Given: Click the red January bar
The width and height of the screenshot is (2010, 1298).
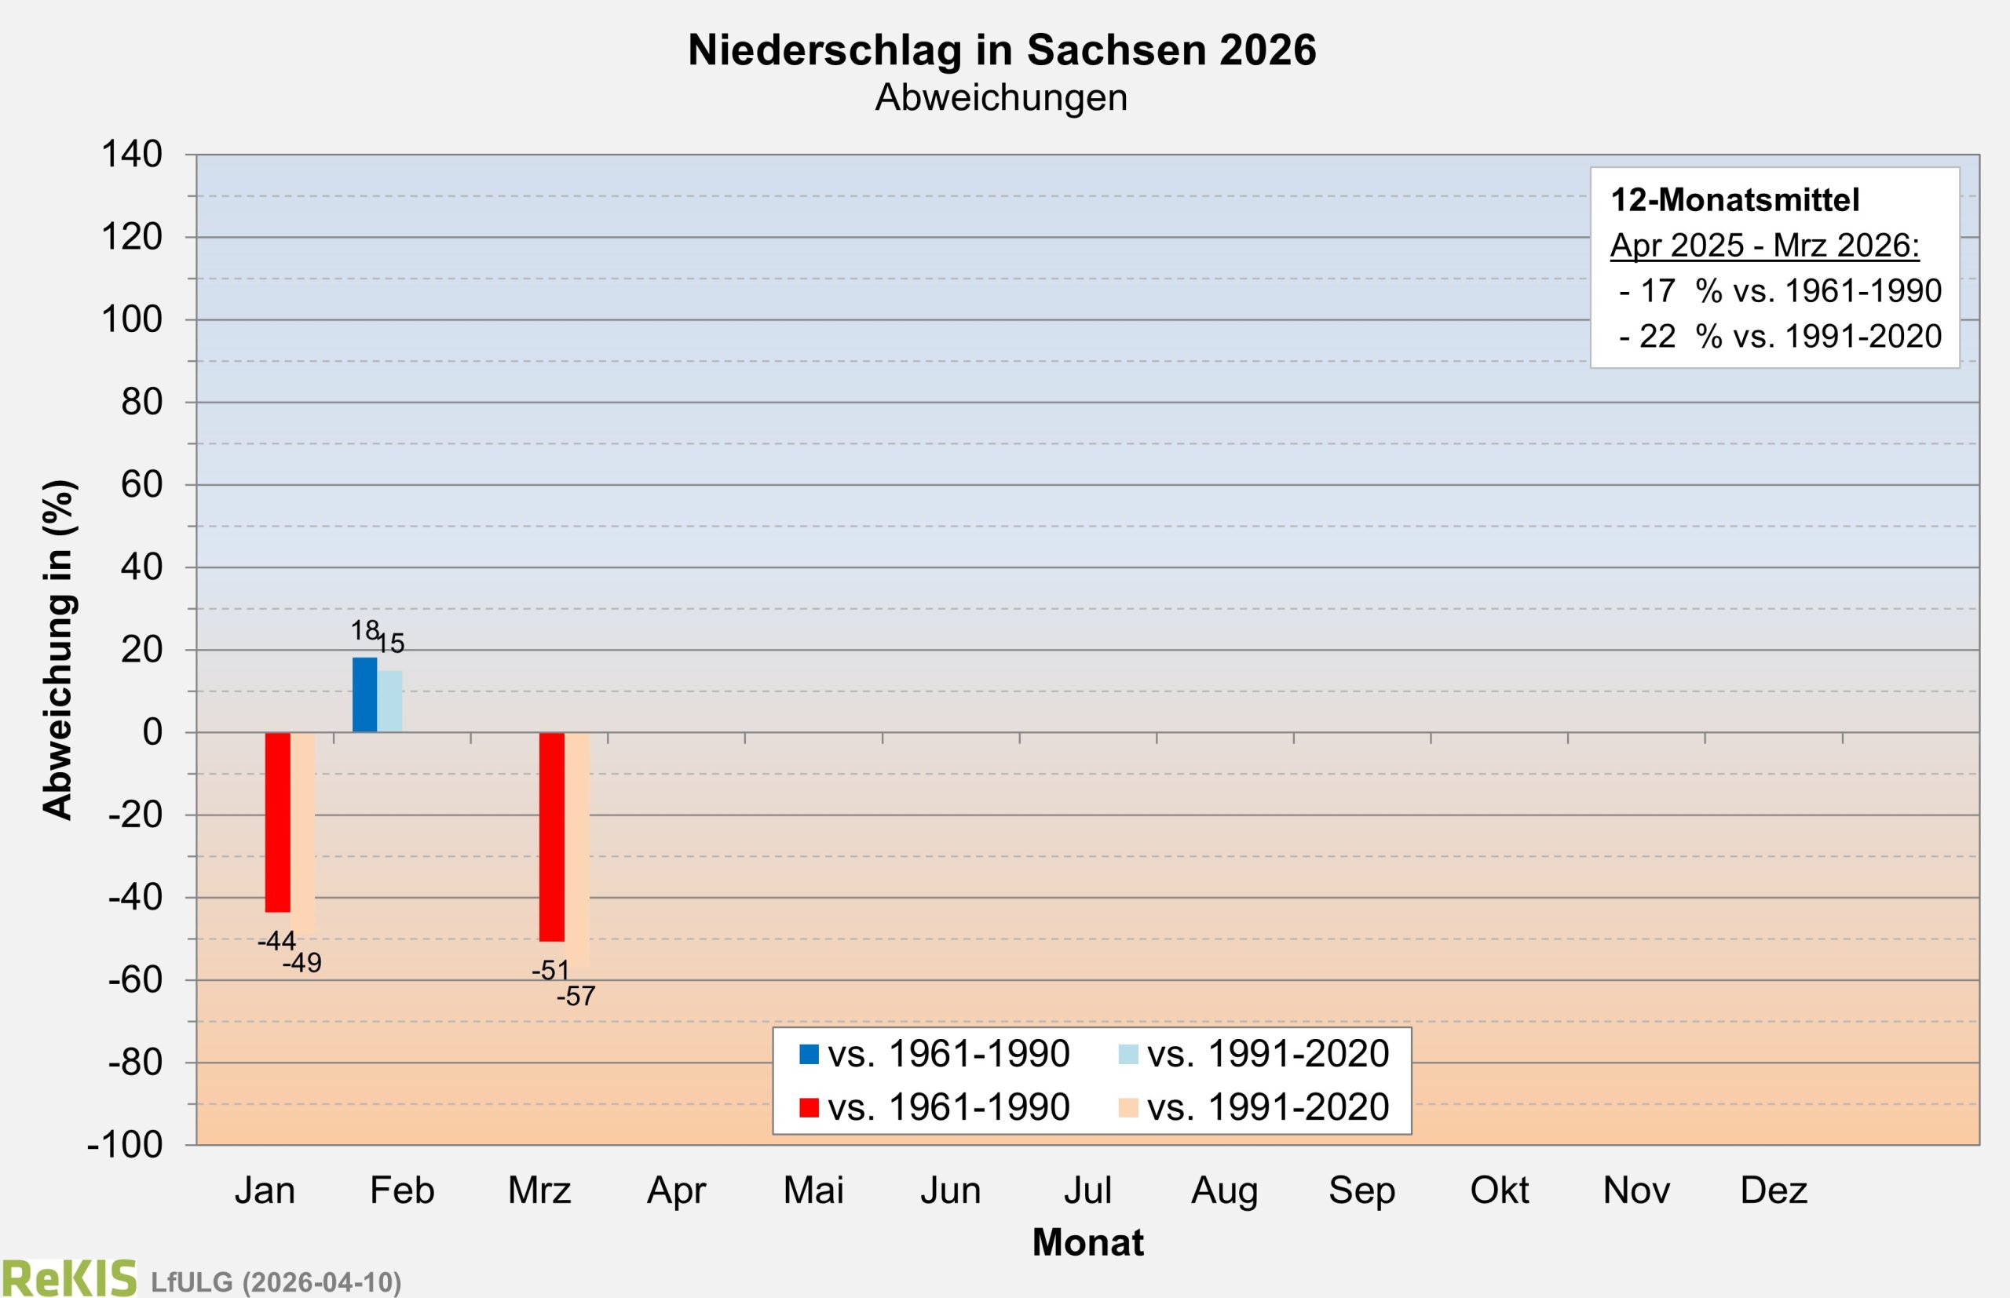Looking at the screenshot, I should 277,822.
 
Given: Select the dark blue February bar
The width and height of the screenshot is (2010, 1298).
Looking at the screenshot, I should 364,695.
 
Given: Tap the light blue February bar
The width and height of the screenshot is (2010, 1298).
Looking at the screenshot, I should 389,701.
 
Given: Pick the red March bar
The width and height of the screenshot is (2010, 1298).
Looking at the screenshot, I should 551,836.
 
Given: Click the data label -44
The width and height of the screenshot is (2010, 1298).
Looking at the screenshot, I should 276,941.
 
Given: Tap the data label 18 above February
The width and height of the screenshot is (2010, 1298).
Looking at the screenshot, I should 364,629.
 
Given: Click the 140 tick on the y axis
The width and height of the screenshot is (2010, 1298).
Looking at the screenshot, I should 132,155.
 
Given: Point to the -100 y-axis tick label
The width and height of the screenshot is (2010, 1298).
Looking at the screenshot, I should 125,1146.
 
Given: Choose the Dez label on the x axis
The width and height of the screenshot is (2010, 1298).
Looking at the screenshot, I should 1774,1191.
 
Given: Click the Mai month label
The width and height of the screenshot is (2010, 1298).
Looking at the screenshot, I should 813,1191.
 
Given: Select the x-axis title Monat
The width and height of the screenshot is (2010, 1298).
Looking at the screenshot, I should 1087,1242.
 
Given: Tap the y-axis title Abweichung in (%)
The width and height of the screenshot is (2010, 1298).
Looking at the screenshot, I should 58,649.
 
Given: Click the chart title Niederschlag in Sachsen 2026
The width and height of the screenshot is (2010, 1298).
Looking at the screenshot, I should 1002,50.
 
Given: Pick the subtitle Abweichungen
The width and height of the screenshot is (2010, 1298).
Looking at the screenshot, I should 1001,98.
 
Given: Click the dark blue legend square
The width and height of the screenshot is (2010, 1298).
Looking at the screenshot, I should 809,1055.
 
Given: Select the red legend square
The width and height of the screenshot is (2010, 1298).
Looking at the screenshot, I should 809,1107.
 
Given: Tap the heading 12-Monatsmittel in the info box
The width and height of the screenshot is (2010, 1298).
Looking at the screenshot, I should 1734,201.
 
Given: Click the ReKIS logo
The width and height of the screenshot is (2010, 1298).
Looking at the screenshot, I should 69,1278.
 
